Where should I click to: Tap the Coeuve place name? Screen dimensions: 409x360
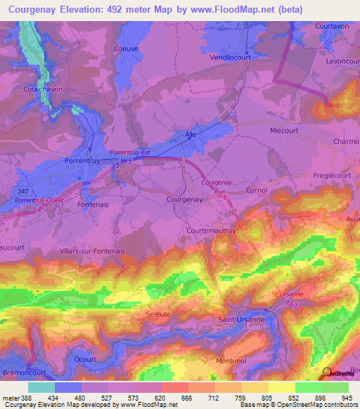pos(125,49)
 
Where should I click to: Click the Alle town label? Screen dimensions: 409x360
pos(190,134)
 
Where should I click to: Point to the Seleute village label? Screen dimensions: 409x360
pos(157,314)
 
